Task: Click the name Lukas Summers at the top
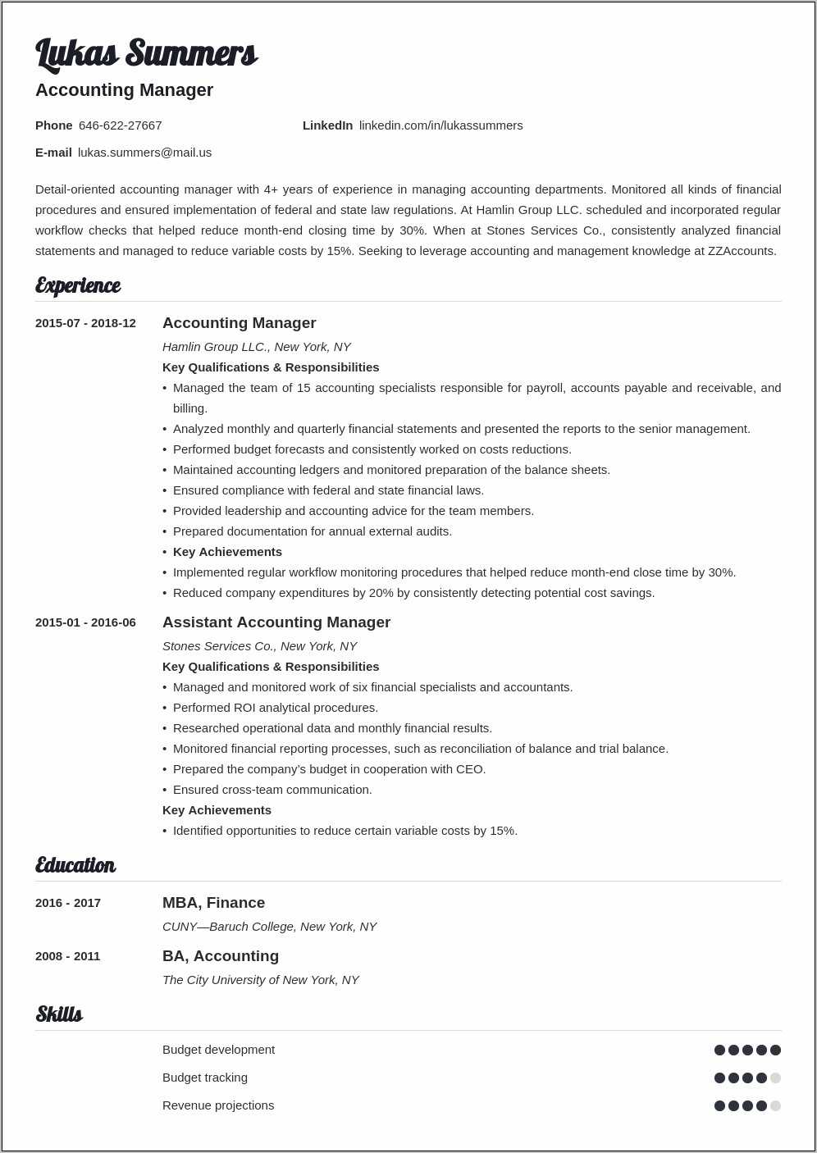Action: pyautogui.click(x=146, y=53)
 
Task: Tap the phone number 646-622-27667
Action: pyautogui.click(x=120, y=125)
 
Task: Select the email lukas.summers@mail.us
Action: pyautogui.click(x=144, y=153)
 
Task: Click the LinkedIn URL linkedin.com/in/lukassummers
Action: pyautogui.click(x=440, y=125)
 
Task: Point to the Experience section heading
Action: pyautogui.click(x=78, y=285)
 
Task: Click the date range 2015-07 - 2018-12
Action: pyautogui.click(x=85, y=323)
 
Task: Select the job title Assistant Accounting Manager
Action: pyautogui.click(x=276, y=622)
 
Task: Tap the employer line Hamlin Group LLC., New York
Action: pyautogui.click(x=256, y=347)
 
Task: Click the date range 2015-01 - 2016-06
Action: pyautogui.click(x=85, y=622)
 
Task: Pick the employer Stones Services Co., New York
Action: pyautogui.click(x=259, y=646)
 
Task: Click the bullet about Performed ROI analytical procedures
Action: pyautogui.click(x=275, y=708)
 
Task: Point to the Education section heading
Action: pyautogui.click(x=75, y=865)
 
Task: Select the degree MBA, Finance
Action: pyautogui.click(x=213, y=903)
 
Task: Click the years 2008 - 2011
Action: pyautogui.click(x=67, y=956)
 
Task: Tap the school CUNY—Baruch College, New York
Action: pyautogui.click(x=269, y=927)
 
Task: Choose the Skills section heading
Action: pyautogui.click(x=59, y=1014)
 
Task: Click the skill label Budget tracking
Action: pyautogui.click(x=204, y=1078)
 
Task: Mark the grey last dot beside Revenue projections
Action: pyautogui.click(x=775, y=1105)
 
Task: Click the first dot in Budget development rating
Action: pyautogui.click(x=719, y=1050)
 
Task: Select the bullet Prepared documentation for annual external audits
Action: pyautogui.click(x=312, y=531)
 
